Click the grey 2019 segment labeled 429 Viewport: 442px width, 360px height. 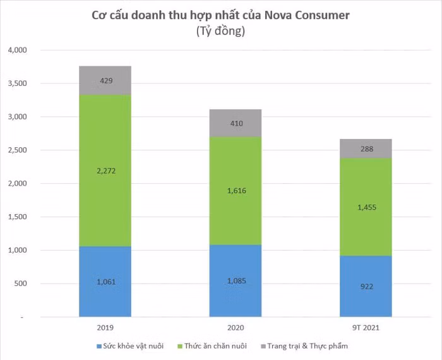click(105, 80)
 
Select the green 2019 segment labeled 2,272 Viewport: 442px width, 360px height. click(105, 170)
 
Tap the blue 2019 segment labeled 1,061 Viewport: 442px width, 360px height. click(105, 281)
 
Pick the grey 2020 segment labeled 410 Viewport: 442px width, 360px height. click(236, 123)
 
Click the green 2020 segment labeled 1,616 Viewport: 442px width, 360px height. click(236, 191)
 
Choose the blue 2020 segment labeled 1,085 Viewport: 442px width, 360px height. click(236, 280)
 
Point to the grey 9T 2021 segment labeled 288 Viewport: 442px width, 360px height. click(366, 148)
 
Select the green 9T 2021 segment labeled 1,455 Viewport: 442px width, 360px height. click(366, 207)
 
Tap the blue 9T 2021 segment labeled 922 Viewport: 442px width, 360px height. click(366, 285)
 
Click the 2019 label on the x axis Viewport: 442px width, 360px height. click(105, 328)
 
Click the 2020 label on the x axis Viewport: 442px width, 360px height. click(236, 328)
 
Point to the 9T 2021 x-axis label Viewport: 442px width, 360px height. click(366, 328)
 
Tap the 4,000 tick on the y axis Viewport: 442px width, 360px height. click(18, 50)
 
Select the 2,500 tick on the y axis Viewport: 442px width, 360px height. click(18, 150)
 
